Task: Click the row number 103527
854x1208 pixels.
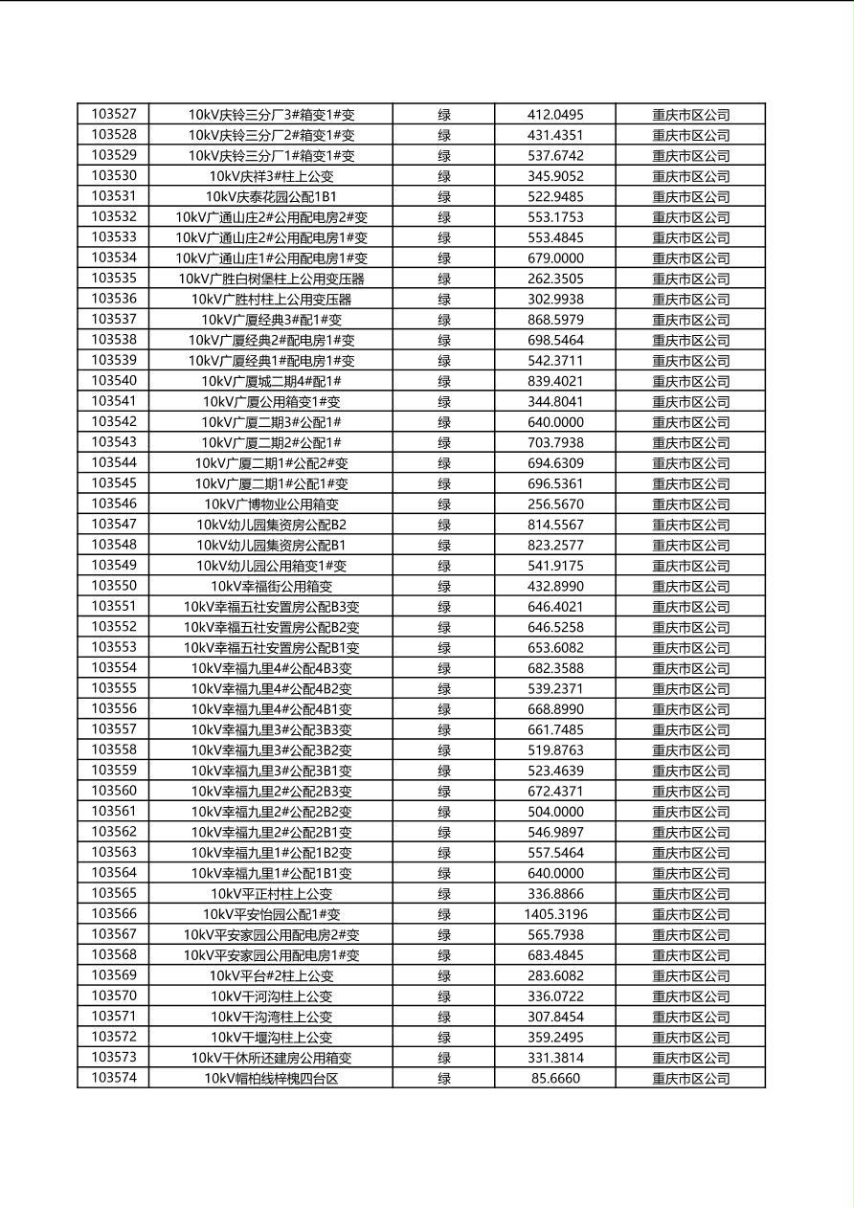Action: pos(114,114)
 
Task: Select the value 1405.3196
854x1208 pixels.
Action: pos(555,914)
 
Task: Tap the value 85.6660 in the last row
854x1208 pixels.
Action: pos(555,1078)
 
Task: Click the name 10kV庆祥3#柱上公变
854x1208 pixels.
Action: pos(271,176)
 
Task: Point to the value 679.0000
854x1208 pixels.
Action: pos(555,257)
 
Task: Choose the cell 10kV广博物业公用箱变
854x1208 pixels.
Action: pos(271,503)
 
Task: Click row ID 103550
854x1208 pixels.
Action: pos(114,586)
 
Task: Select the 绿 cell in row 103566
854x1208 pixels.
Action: pos(444,914)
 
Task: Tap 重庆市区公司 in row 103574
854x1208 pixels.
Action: pos(690,1079)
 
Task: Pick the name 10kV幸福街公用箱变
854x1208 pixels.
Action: pos(271,586)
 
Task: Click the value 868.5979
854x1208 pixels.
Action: pos(555,320)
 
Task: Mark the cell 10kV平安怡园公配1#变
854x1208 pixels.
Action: pos(271,914)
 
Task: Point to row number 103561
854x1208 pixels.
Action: pos(114,811)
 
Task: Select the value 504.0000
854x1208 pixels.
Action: pos(555,812)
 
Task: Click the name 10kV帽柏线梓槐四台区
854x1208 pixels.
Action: pos(271,1079)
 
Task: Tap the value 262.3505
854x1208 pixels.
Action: pos(555,279)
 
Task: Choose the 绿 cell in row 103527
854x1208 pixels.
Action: pos(444,115)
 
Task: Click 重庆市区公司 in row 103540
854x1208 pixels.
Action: pos(690,381)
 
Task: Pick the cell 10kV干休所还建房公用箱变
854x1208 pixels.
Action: pos(271,1058)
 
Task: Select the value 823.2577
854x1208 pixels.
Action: pos(555,545)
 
